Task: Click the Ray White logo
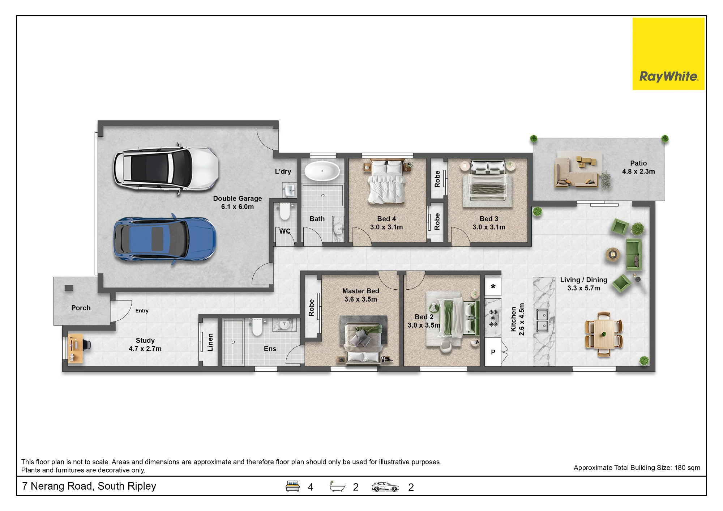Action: (x=668, y=54)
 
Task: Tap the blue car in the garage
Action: (x=165, y=239)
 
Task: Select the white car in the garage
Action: (x=166, y=169)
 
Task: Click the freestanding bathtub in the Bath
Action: (x=322, y=171)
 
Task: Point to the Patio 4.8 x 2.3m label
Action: (x=638, y=167)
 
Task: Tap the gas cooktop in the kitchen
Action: (x=493, y=318)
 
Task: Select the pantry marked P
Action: (x=493, y=352)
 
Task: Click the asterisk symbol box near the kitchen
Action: (x=493, y=287)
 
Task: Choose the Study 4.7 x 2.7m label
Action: (x=145, y=345)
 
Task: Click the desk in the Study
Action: (x=76, y=348)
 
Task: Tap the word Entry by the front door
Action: (x=142, y=311)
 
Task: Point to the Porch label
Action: (x=81, y=308)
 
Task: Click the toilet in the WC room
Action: (x=285, y=212)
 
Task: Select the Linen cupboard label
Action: (x=210, y=342)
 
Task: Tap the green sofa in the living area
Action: (x=634, y=254)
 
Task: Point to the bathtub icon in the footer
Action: (x=337, y=486)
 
